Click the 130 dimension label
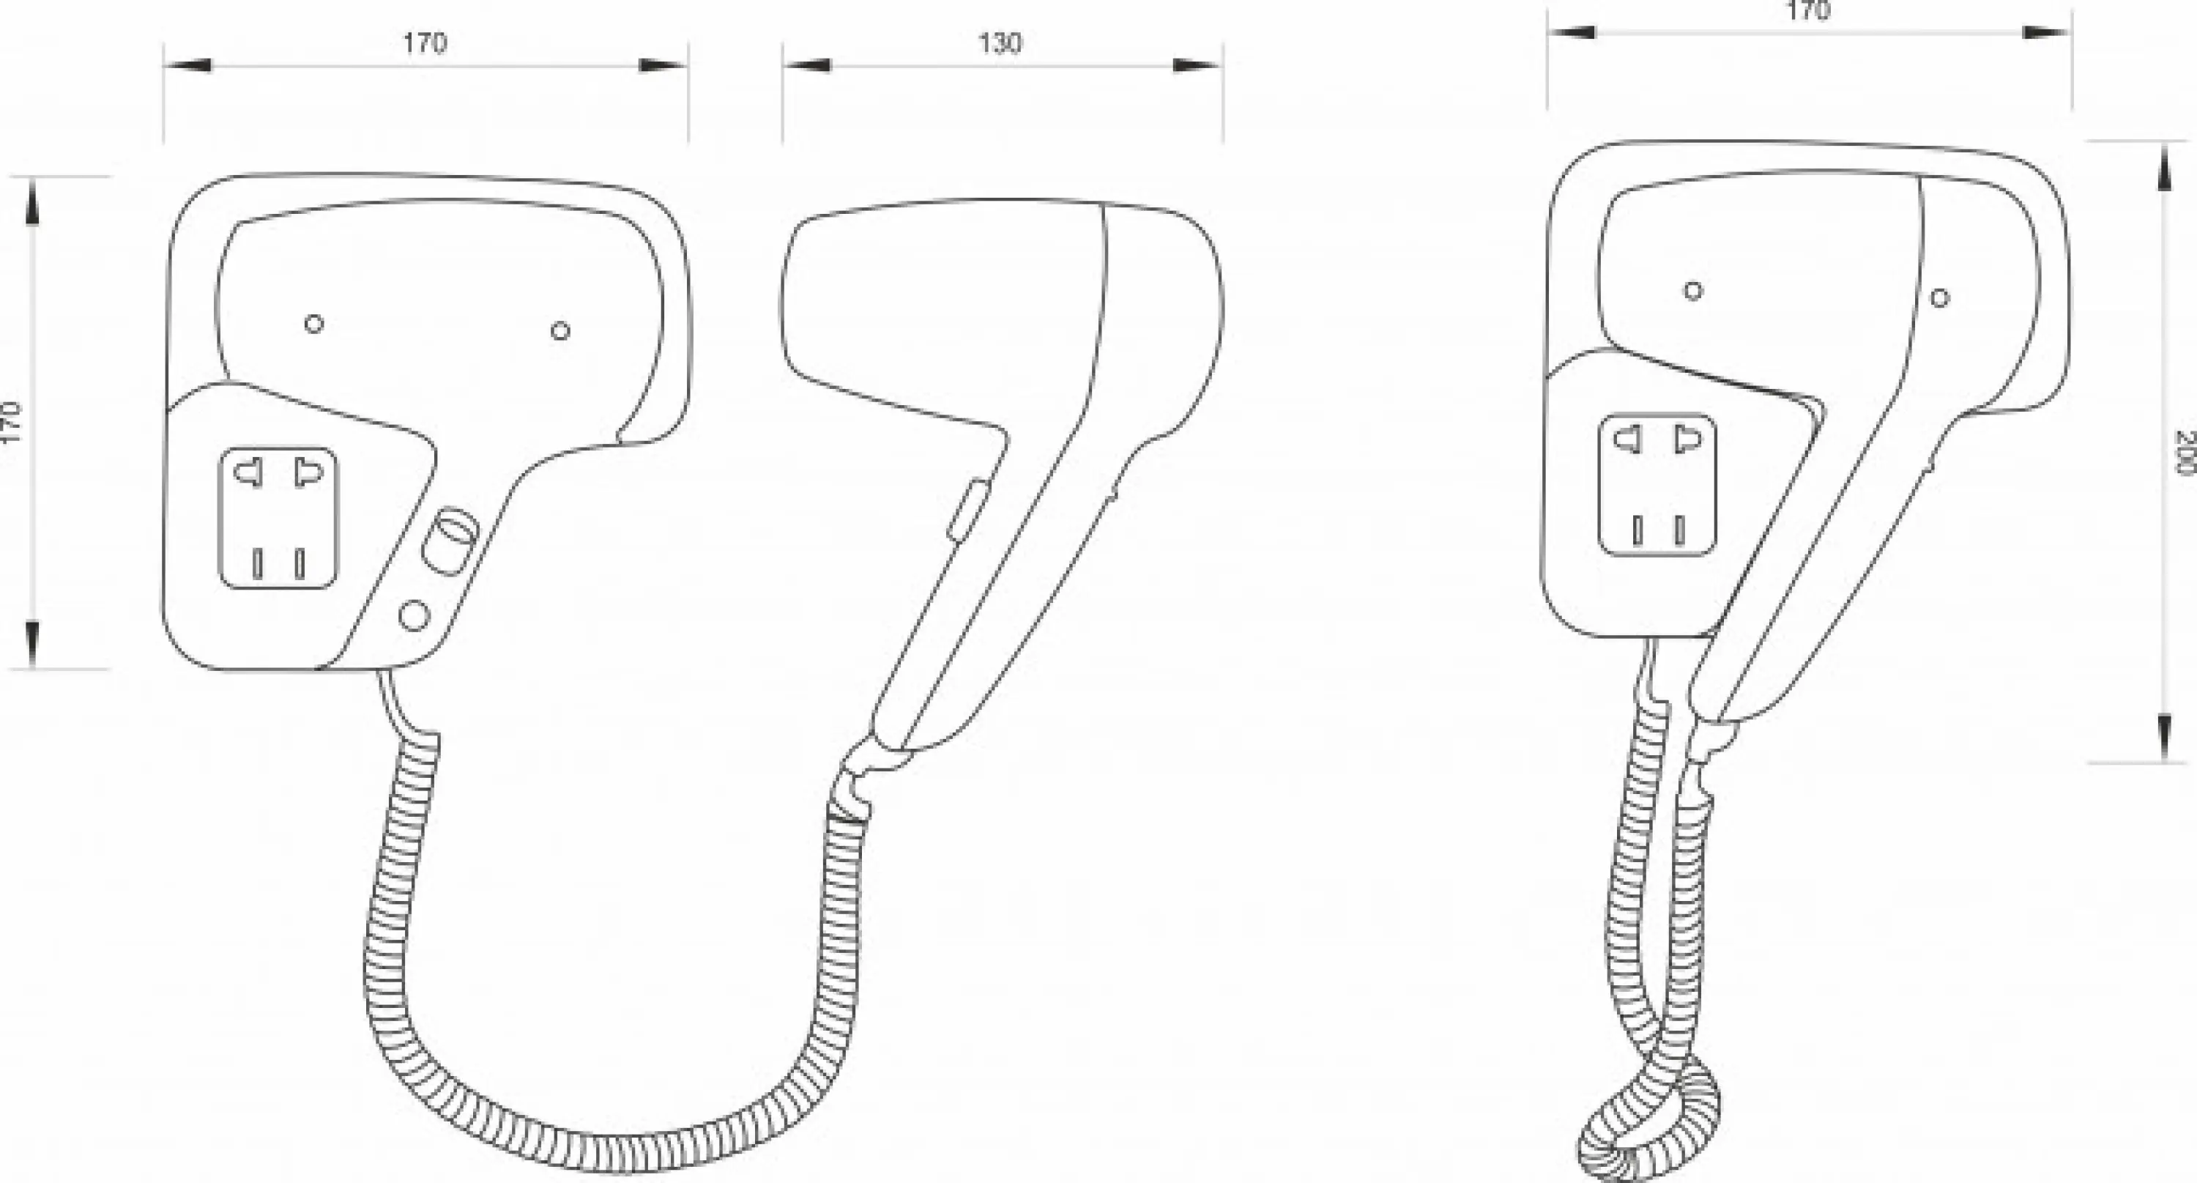[1000, 42]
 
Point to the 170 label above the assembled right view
[1808, 11]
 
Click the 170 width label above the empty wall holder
[425, 42]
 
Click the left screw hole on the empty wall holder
[314, 324]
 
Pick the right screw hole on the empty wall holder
[560, 331]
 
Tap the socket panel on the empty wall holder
[279, 518]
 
